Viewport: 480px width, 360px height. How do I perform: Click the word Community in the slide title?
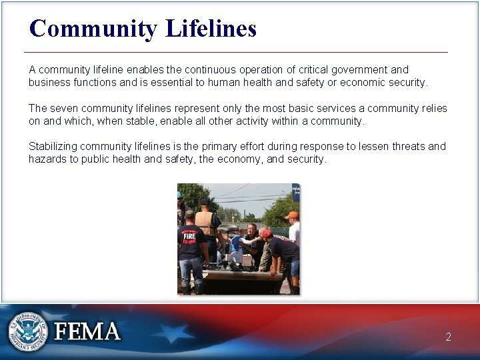[93, 28]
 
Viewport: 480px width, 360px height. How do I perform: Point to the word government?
[357, 69]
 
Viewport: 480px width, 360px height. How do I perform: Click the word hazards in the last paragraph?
[47, 159]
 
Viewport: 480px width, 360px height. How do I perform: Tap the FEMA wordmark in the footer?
[87, 331]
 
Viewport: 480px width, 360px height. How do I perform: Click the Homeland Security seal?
[29, 331]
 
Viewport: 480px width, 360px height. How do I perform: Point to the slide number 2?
[449, 337]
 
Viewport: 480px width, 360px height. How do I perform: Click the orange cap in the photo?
[291, 215]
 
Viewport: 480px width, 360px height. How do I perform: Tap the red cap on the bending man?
[267, 233]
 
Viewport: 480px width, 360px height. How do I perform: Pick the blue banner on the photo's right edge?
[296, 192]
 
